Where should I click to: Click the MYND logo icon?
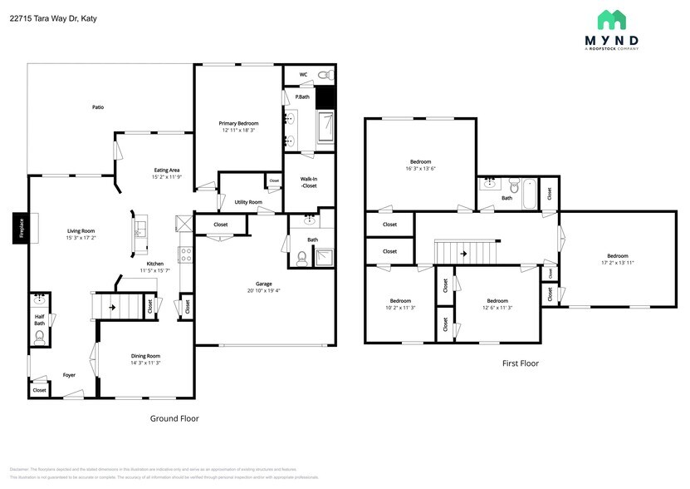pos(611,20)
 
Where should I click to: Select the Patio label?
pos(98,107)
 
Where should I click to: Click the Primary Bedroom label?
pos(237,123)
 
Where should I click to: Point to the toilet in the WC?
pos(325,75)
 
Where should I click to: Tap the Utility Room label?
pos(248,202)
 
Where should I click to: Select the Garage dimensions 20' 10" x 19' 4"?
pos(264,290)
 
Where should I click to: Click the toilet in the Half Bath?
pos(39,336)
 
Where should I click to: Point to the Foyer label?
pos(69,375)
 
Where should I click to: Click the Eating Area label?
pos(166,170)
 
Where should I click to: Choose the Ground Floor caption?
pos(174,418)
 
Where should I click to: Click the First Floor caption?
pos(521,363)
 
